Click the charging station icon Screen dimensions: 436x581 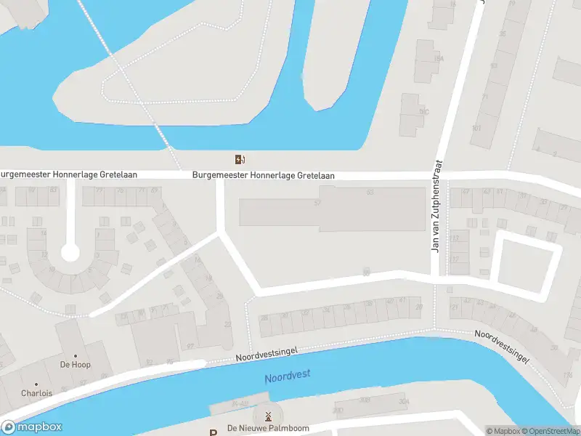pos(239,160)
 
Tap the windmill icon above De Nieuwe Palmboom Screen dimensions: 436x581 pos(268,416)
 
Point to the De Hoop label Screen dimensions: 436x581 pos(76,365)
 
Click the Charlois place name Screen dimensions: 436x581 pos(36,393)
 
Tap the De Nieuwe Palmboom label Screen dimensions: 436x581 pos(268,429)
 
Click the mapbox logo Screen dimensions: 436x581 pos(32,427)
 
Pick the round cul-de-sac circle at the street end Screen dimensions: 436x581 pos(70,253)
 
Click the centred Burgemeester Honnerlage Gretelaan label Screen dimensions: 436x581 pos(263,175)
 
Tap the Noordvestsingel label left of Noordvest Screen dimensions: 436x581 pos(267,355)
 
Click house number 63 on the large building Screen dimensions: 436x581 pos(370,192)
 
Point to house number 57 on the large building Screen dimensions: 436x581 pos(317,203)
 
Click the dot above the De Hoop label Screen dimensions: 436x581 pos(76,355)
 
